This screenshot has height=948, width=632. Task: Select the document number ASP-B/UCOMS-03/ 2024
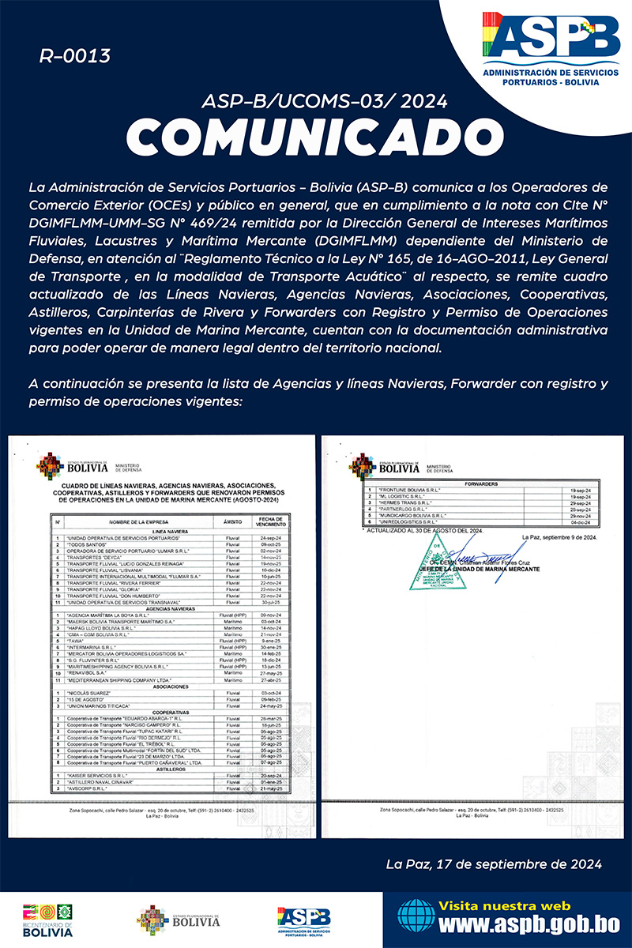click(324, 101)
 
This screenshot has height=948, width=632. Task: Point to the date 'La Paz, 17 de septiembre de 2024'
click(494, 864)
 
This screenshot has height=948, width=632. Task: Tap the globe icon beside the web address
click(416, 916)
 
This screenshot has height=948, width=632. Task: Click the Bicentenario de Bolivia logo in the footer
click(47, 920)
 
